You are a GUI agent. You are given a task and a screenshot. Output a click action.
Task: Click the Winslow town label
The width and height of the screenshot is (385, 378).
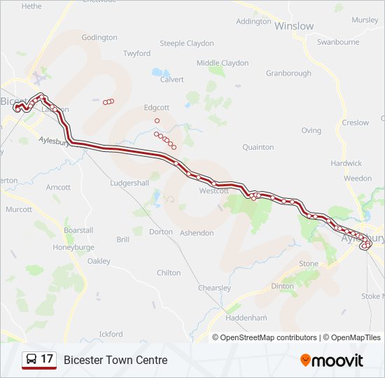pyautogui.click(x=294, y=26)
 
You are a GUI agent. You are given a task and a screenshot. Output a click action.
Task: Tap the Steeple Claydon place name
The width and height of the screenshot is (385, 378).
pyautogui.click(x=187, y=43)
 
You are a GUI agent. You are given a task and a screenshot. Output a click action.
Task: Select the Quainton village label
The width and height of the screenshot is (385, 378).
pyautogui.click(x=258, y=148)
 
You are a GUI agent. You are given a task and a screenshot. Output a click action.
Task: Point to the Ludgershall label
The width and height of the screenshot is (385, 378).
pyautogui.click(x=129, y=183)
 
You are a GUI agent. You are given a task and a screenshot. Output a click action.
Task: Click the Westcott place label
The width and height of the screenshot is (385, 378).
pyautogui.click(x=213, y=191)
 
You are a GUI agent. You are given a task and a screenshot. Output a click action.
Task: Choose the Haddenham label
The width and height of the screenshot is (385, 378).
pyautogui.click(x=246, y=317)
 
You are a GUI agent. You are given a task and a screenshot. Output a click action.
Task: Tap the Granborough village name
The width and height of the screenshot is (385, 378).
pyautogui.click(x=288, y=73)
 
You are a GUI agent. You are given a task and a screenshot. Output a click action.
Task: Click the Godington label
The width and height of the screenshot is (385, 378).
pyautogui.click(x=99, y=38)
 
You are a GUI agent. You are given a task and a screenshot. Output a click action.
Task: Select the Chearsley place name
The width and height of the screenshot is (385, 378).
pyautogui.click(x=214, y=288)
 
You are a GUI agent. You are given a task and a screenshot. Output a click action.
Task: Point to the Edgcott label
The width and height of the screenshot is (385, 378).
pyautogui.click(x=157, y=108)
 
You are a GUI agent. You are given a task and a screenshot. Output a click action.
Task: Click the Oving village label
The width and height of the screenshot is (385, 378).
pyautogui.click(x=311, y=131)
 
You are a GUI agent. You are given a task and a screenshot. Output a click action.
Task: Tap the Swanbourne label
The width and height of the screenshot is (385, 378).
pyautogui.click(x=337, y=42)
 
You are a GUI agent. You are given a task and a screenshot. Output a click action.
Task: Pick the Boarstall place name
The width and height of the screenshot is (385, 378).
pyautogui.click(x=78, y=230)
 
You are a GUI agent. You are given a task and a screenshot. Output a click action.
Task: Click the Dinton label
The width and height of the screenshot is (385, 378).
pyautogui.click(x=282, y=286)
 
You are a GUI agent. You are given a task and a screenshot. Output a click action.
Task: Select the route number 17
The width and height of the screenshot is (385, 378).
pyautogui.click(x=47, y=360)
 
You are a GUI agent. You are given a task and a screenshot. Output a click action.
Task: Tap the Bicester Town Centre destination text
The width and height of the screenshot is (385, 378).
pyautogui.click(x=115, y=360)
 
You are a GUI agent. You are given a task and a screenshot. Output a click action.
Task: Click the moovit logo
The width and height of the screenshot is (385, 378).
pyautogui.click(x=332, y=360)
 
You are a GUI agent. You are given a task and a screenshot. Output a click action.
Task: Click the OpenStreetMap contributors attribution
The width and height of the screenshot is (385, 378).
pyautogui.click(x=268, y=337)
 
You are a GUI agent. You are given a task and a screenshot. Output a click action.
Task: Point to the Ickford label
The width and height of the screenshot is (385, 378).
pyautogui.click(x=111, y=334)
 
